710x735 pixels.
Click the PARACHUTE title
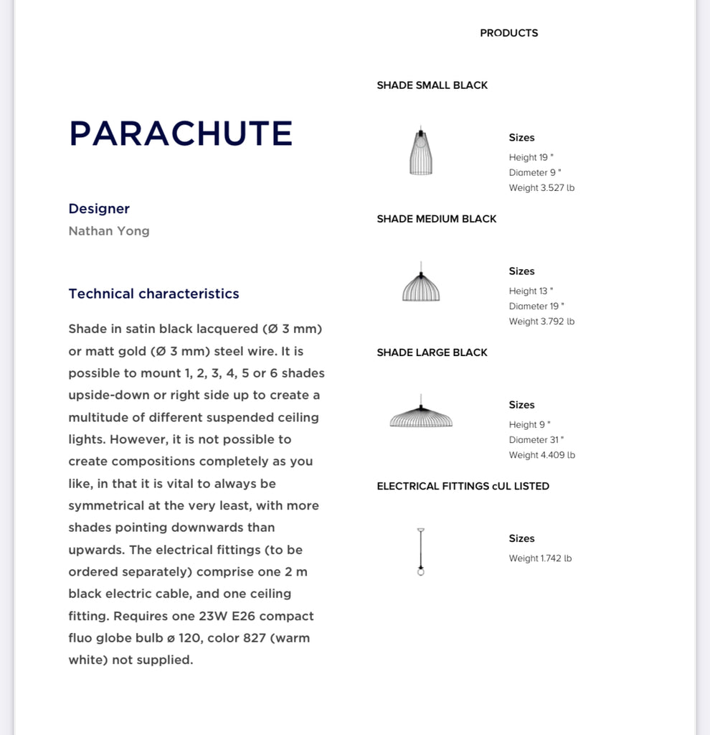point(181,134)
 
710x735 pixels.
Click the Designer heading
point(99,209)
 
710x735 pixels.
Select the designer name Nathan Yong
point(109,231)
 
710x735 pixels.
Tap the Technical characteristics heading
point(153,294)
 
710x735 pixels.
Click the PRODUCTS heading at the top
point(508,33)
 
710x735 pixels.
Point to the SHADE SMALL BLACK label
point(432,85)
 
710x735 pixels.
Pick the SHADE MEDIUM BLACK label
point(436,219)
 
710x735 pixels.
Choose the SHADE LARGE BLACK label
point(432,352)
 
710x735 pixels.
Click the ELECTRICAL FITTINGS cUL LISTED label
point(463,486)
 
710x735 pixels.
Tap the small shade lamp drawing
point(421,151)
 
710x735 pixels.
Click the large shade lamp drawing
point(421,414)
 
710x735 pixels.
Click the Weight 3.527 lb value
point(541,188)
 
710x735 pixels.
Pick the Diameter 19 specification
point(536,306)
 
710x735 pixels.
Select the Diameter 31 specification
point(536,440)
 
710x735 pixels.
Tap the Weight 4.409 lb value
point(541,455)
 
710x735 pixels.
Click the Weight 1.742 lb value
point(540,558)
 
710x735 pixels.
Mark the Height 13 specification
point(531,291)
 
